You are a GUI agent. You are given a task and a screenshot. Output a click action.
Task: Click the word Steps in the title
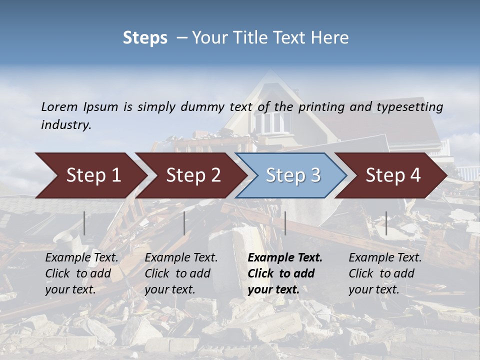(x=145, y=38)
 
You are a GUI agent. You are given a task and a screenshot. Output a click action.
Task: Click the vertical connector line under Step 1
(x=84, y=223)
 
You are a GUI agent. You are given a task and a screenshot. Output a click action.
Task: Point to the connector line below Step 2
(x=184, y=223)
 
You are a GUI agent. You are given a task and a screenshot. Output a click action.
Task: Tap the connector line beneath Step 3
(x=285, y=223)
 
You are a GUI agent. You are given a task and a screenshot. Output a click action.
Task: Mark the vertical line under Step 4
(x=386, y=223)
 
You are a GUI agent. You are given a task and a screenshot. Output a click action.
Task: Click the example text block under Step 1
(x=81, y=273)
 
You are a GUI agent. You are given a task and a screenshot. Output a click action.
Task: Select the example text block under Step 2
(x=181, y=273)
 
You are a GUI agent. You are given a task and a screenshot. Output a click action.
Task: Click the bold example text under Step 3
(x=285, y=273)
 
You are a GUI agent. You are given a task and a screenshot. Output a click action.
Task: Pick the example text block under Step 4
(x=385, y=273)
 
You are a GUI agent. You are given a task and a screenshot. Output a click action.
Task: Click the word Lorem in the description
(x=59, y=106)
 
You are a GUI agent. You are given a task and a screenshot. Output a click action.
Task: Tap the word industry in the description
(x=65, y=125)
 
